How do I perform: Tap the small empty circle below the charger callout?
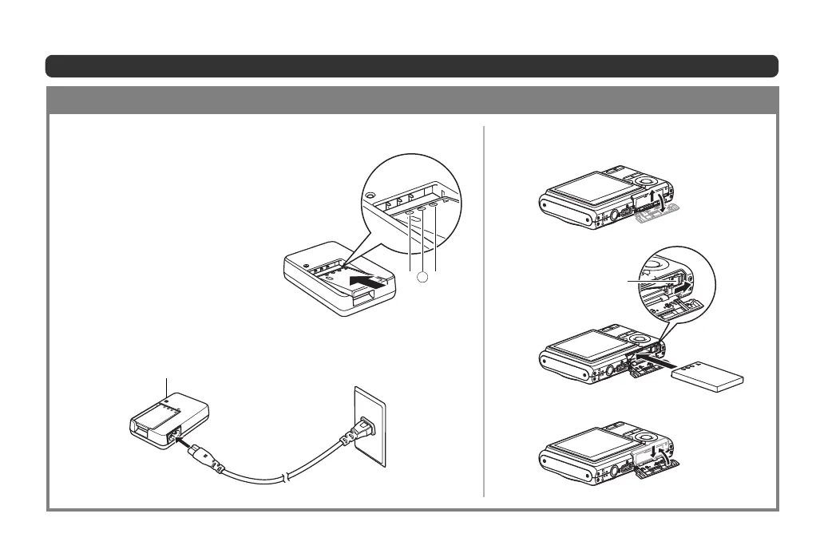tap(423, 276)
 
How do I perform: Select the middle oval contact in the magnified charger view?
tap(421, 210)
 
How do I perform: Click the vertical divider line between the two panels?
tap(484, 311)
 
